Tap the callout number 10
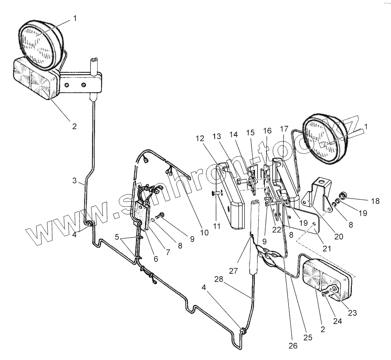pyautogui.click(x=204, y=232)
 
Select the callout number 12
pyautogui.click(x=199, y=138)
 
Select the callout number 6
pyautogui.click(x=156, y=259)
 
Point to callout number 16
pyautogui.click(x=267, y=131)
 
